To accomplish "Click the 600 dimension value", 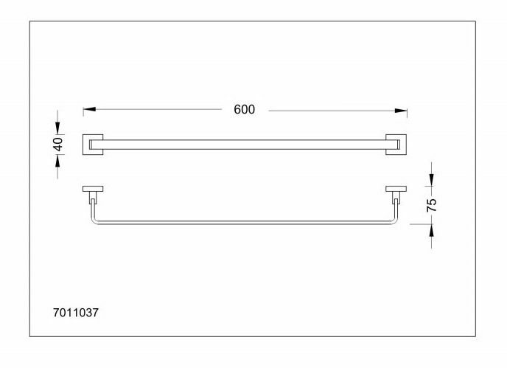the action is (244, 109).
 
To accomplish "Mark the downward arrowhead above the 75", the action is (432, 180).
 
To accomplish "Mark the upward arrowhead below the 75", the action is (432, 229).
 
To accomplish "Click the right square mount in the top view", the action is (396, 145).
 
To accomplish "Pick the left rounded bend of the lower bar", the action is (93, 219).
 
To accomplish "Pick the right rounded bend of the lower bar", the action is (397, 219).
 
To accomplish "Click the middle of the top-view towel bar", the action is (245, 145).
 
